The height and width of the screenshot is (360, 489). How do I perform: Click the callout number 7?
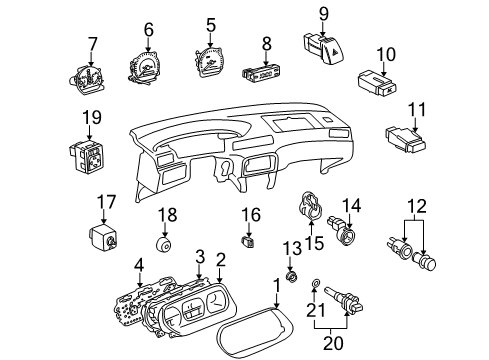(92, 44)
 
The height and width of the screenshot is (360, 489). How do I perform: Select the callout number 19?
(92, 118)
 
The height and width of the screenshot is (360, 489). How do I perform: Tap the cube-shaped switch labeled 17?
(103, 238)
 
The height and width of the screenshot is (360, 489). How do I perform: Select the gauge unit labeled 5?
(211, 64)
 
